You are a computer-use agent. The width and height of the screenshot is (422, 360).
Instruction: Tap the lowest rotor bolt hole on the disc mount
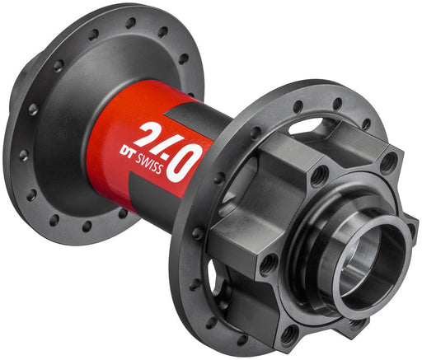click(x=289, y=334)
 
